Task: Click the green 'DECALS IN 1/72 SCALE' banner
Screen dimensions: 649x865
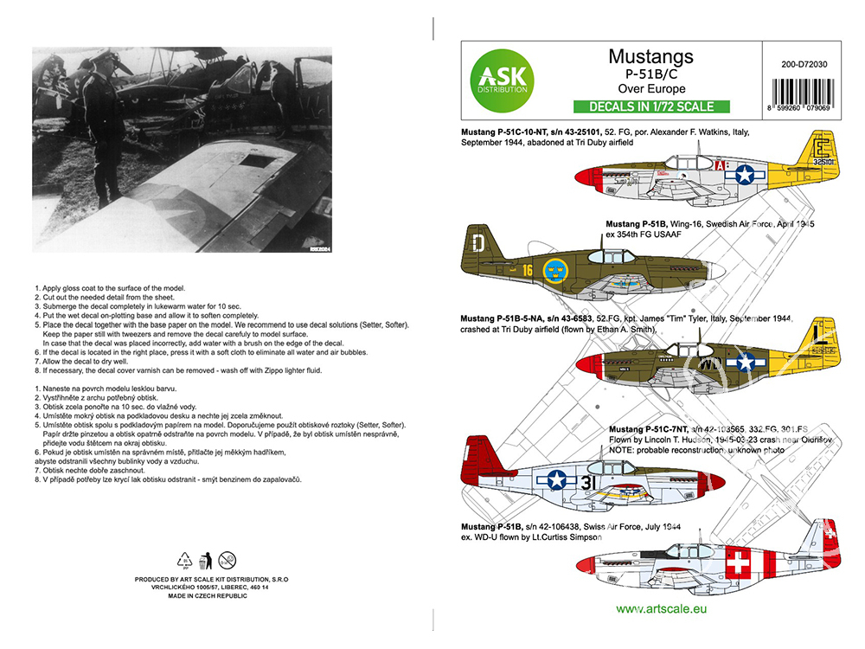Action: click(651, 107)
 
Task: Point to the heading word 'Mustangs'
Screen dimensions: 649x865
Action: click(650, 57)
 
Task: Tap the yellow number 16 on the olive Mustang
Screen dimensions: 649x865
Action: click(526, 270)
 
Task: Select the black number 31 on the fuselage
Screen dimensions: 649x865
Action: click(590, 481)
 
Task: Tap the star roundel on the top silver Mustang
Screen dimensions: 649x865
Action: click(745, 175)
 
